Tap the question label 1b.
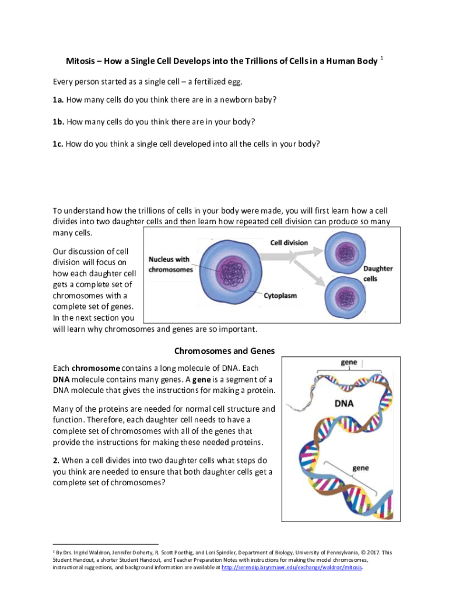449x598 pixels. pyautogui.click(x=58, y=121)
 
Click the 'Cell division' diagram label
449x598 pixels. pyautogui.click(x=288, y=242)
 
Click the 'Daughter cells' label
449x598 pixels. pyautogui.click(x=378, y=273)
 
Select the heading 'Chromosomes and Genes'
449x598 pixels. pyautogui.click(x=224, y=351)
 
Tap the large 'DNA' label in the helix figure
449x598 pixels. pyautogui.click(x=349, y=403)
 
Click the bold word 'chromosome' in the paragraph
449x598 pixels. pyautogui.click(x=96, y=368)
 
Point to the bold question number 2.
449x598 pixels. pyautogui.click(x=55, y=460)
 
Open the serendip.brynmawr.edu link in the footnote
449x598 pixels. pyautogui.click(x=292, y=567)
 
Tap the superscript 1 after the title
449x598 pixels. pyautogui.click(x=381, y=58)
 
